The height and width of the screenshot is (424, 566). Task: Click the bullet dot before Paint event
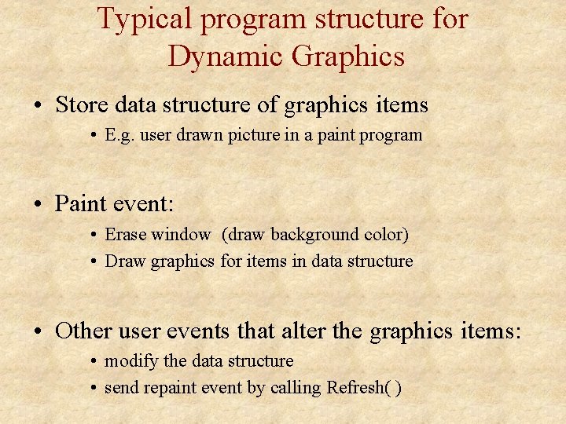pyautogui.click(x=39, y=205)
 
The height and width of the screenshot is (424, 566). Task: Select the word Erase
pyautogui.click(x=125, y=234)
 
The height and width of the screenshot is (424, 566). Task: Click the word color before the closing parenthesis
pyautogui.click(x=383, y=234)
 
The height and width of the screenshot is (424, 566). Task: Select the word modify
pyautogui.click(x=130, y=361)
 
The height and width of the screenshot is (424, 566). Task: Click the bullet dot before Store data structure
pyautogui.click(x=39, y=105)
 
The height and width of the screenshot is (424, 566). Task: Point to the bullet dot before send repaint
pyautogui.click(x=94, y=388)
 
